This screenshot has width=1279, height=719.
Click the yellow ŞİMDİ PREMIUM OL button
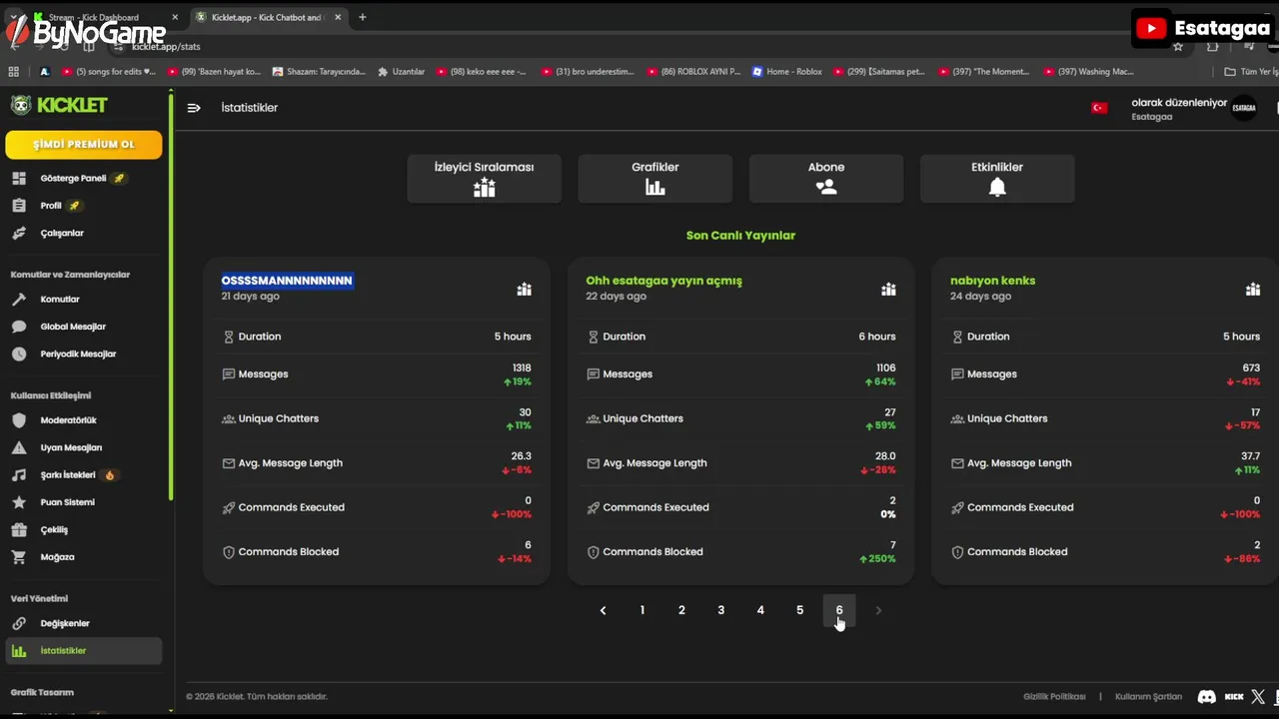point(83,144)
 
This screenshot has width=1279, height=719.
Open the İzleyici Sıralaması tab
point(484,178)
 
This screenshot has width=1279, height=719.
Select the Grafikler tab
point(654,178)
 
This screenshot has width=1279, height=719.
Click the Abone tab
point(825,178)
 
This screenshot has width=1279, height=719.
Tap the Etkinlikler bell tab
point(996,178)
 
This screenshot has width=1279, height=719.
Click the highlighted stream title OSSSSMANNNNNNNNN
point(287,281)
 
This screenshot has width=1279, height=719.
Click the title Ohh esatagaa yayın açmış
point(663,281)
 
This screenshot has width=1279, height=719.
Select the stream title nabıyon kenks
point(992,281)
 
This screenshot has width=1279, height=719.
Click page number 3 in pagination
point(720,610)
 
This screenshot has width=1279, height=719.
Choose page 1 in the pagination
point(642,610)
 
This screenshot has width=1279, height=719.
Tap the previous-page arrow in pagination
point(603,610)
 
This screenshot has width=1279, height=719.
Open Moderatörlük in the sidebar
point(68,420)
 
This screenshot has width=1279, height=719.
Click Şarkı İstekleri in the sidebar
point(68,475)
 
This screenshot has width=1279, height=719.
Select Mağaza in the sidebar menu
point(57,557)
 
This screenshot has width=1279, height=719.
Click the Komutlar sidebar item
point(59,300)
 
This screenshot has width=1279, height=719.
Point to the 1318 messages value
point(522,367)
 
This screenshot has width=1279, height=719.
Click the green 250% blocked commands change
point(880,559)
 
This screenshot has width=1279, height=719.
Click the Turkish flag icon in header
point(1099,108)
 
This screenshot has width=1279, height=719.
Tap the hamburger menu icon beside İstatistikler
point(194,108)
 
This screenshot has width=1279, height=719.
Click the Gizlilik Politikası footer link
point(1054,697)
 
